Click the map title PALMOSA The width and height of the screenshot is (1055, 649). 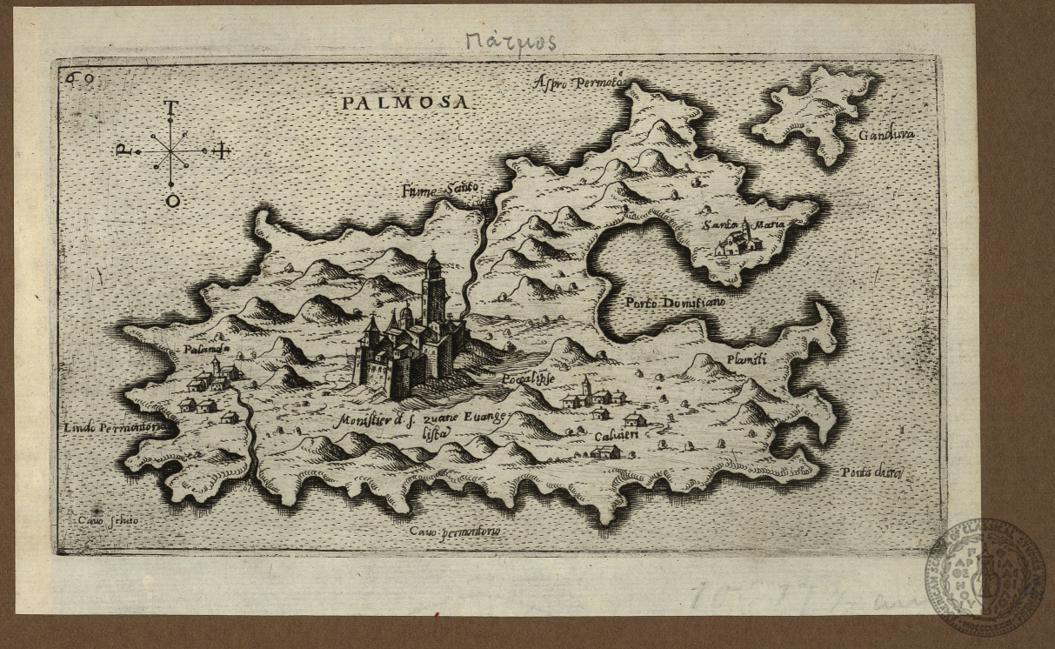pos(405,103)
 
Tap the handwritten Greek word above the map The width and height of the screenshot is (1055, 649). pos(511,41)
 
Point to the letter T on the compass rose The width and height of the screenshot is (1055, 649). pos(171,108)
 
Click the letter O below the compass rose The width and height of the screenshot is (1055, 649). pos(172,201)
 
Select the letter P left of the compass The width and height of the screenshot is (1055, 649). pos(124,151)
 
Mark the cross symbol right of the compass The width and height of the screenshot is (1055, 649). pos(222,151)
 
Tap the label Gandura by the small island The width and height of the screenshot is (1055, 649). pos(886,135)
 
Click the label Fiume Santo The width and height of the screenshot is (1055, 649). pos(441,190)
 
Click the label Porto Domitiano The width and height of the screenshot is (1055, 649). pos(674,303)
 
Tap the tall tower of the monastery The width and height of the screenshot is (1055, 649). pos(433,291)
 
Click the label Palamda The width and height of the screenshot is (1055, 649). pos(206,350)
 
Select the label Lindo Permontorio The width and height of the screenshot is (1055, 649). pos(115,428)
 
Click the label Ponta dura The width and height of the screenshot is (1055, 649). pos(872,472)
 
